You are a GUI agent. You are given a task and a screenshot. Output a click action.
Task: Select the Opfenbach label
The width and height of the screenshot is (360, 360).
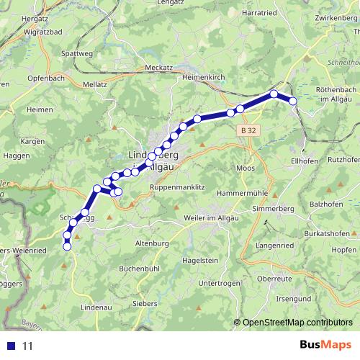click(30, 76)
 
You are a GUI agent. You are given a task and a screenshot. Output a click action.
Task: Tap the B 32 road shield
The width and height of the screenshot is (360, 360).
click(249, 130)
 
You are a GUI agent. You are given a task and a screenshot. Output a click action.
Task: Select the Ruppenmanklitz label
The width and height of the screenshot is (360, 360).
click(177, 187)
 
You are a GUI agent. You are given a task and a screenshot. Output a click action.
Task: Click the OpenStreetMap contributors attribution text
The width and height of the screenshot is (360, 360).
click(297, 323)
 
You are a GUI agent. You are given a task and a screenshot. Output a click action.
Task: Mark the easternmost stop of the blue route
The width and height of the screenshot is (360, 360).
click(293, 102)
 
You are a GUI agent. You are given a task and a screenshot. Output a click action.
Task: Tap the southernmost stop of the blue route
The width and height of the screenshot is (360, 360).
click(68, 247)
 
